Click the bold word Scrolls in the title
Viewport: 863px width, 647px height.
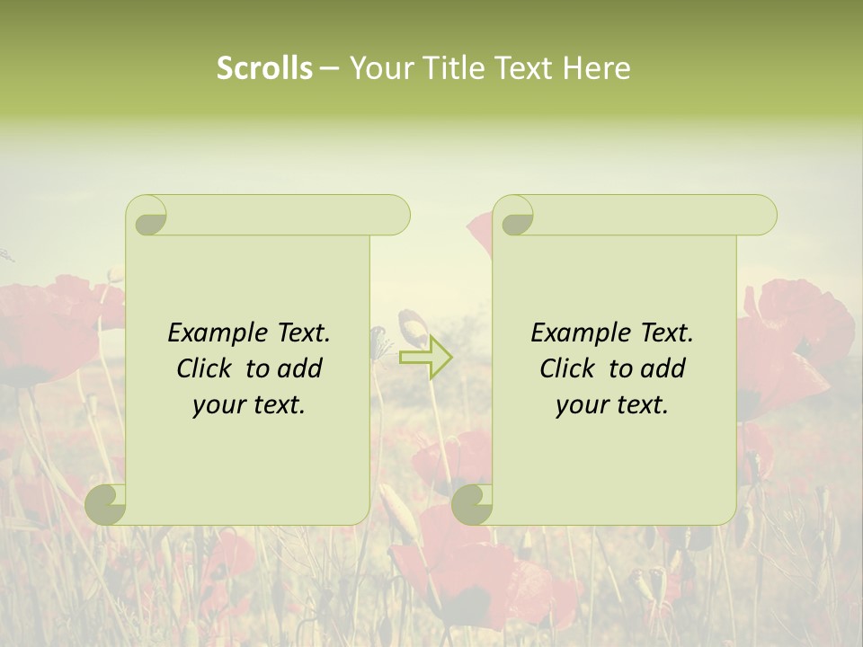[264, 68]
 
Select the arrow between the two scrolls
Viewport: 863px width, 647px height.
[425, 357]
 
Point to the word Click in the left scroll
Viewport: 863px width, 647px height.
[203, 368]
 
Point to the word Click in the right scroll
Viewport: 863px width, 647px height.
[566, 368]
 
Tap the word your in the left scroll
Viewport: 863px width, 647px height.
[218, 404]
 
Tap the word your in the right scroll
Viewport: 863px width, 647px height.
[582, 404]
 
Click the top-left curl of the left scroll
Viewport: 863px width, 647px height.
[147, 217]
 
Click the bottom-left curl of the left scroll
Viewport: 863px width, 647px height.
[106, 504]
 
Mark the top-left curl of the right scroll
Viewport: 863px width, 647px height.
[514, 217]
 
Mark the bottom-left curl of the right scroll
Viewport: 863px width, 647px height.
[472, 504]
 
